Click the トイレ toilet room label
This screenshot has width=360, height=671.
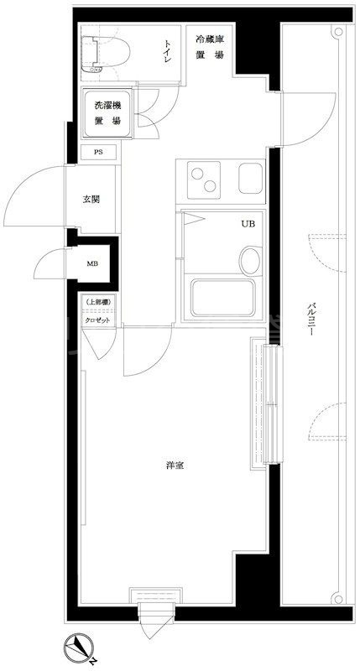169,49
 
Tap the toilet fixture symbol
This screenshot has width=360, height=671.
108,51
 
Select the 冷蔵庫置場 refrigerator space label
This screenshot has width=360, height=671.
210,45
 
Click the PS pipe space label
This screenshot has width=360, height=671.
98,152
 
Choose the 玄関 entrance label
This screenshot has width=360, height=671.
92,200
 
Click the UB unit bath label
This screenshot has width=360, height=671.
248,224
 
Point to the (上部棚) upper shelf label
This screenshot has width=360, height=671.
97,303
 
